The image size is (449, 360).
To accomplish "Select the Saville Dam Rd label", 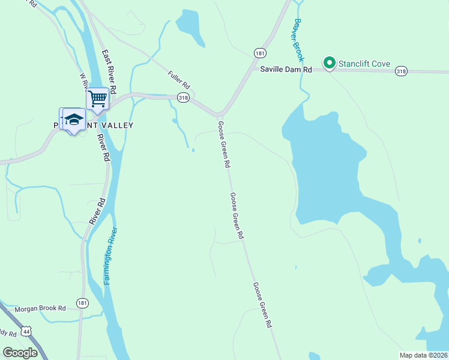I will tap(286, 70).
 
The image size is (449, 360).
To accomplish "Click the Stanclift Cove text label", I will tap(364, 64).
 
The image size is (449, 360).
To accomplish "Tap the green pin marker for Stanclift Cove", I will tap(329, 62).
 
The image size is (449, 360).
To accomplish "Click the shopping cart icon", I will tap(97, 97).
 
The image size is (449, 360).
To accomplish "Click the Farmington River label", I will tap(110, 256).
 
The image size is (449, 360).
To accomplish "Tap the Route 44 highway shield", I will tap(26, 331).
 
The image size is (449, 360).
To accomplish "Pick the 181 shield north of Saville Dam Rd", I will tap(259, 53).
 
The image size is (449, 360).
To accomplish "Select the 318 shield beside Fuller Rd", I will tap(184, 97).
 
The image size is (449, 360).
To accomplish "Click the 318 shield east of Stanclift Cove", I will tap(402, 71).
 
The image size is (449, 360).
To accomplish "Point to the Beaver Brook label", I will tap(298, 41).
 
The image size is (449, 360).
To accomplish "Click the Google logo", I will tap(20, 353).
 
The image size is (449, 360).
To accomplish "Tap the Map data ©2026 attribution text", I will tap(423, 355).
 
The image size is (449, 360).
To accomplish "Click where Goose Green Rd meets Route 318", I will tap(219, 115).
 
